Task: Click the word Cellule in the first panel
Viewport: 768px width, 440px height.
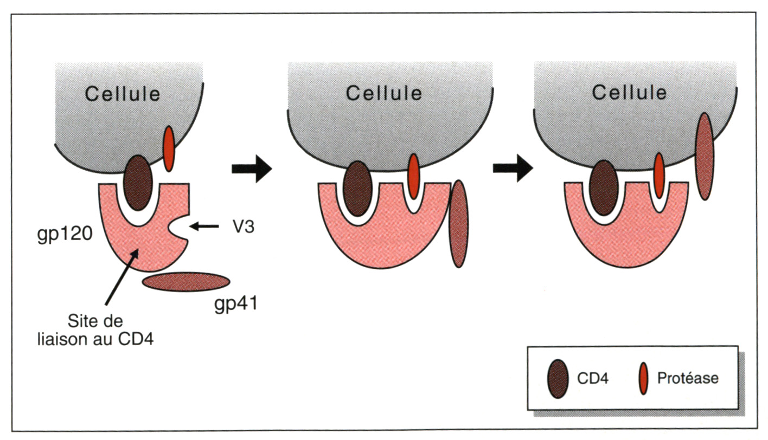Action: coord(123,94)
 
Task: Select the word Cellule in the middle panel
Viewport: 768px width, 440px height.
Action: coord(384,93)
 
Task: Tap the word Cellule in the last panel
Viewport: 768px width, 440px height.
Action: coord(629,92)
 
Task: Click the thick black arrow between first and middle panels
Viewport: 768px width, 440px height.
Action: coord(251,169)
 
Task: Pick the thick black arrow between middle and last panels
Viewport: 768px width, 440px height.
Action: coord(513,169)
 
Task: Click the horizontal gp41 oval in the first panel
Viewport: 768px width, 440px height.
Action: coord(185,282)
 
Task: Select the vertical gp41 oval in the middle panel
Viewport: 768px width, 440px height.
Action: coord(459,224)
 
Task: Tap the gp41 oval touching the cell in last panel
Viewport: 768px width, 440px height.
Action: coord(704,156)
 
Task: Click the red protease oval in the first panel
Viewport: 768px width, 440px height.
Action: coord(169,147)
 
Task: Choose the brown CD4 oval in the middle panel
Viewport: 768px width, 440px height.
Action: coord(357,188)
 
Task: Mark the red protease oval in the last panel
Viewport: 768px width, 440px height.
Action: coord(658,176)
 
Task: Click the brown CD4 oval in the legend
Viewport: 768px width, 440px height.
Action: coord(557,378)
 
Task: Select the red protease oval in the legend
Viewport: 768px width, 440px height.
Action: coord(643,378)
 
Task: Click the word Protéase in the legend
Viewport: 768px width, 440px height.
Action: coord(687,378)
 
